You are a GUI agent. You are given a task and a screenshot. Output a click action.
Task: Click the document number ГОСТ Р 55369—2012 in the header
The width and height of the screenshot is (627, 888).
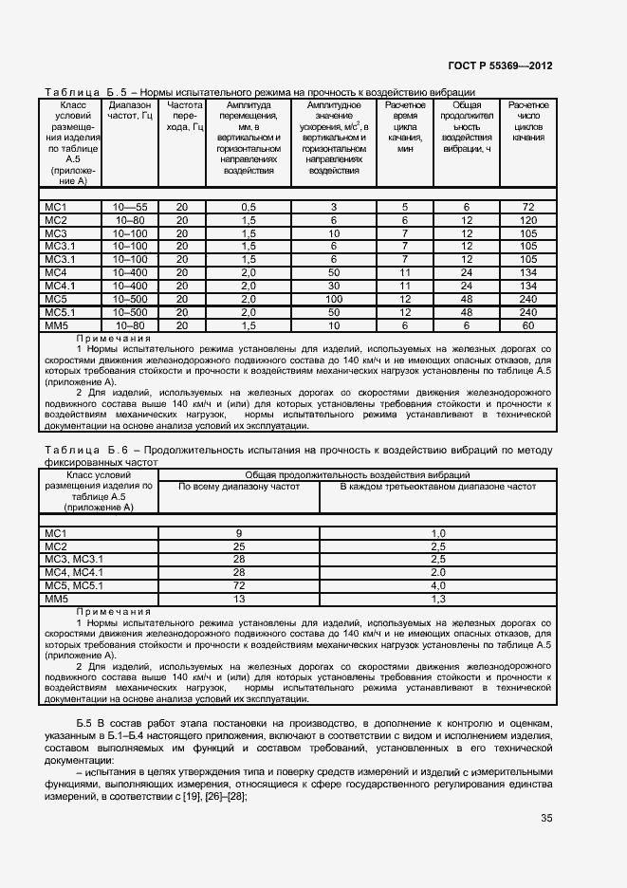[499, 65]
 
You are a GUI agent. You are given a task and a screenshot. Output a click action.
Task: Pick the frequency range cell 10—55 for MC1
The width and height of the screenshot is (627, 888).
[130, 207]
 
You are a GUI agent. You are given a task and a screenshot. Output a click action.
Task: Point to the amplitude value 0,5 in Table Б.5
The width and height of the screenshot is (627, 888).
[249, 207]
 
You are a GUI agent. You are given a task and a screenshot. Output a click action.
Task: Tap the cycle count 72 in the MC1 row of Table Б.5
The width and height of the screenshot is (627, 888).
[528, 207]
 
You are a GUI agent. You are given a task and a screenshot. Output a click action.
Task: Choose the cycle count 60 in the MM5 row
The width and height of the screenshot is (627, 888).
[528, 326]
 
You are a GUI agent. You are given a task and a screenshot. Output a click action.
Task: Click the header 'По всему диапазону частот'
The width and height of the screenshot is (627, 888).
[239, 487]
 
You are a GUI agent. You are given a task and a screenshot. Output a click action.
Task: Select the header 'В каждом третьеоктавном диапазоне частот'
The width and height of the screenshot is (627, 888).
[438, 487]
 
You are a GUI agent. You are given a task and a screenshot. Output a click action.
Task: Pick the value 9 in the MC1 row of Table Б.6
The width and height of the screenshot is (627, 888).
[239, 534]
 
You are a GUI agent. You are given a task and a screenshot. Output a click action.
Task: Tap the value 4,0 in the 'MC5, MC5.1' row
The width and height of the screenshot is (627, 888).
[438, 586]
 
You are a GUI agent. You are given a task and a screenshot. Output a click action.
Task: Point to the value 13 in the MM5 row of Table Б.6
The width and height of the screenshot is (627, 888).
[239, 600]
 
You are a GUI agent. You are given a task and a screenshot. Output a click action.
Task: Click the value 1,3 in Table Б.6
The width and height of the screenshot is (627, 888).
[438, 600]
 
